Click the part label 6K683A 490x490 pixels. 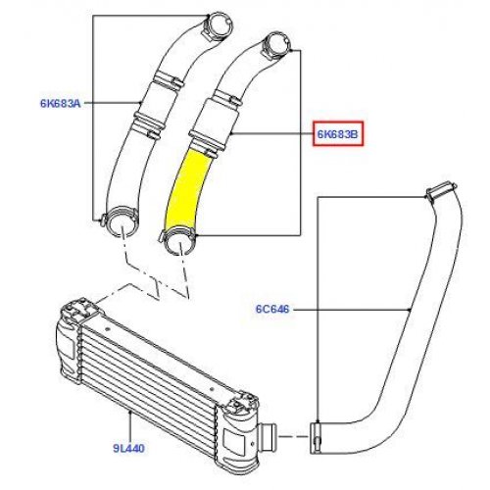tap(60, 103)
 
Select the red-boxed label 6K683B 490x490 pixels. tap(338, 133)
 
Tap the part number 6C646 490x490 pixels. tap(272, 309)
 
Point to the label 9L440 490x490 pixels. tap(128, 448)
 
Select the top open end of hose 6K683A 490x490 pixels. tap(220, 24)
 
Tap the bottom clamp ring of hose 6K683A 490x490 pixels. tap(121, 221)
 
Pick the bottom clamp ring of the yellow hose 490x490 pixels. tap(178, 242)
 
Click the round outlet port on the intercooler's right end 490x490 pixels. tap(269, 436)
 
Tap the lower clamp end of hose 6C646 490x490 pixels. tap(316, 438)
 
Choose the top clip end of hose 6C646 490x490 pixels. tap(442, 191)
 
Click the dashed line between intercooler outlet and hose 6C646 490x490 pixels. tap(294, 436)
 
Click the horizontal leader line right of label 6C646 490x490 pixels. tap(352, 309)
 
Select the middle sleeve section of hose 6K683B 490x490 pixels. tap(216, 120)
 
